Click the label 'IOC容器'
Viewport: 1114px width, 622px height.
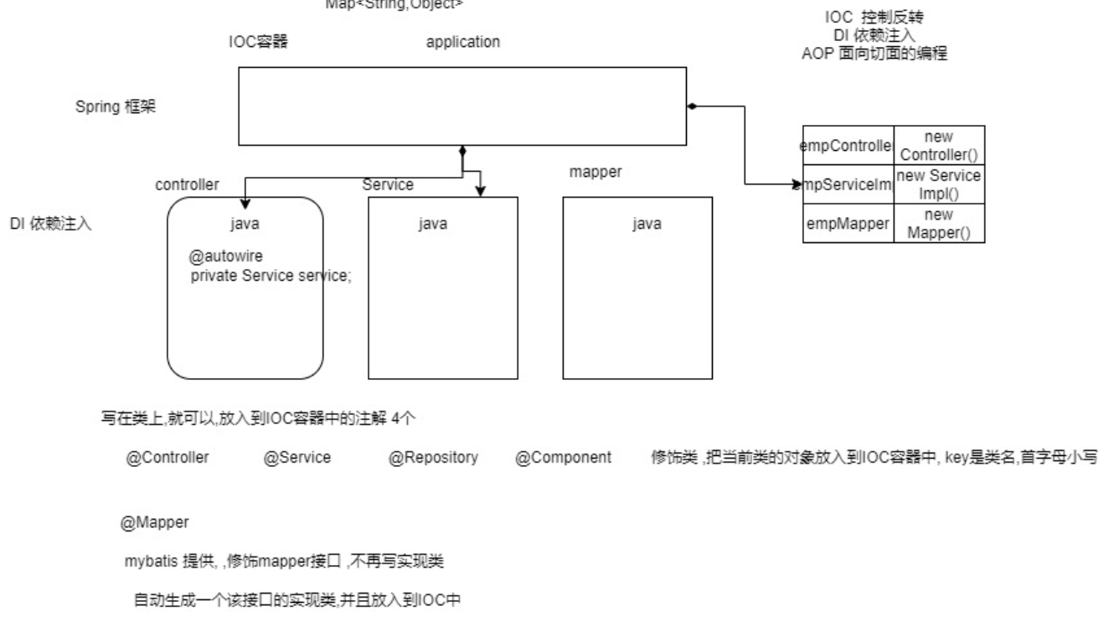[258, 42]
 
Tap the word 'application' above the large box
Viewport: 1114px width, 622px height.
[463, 42]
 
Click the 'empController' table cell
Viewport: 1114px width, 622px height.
[848, 145]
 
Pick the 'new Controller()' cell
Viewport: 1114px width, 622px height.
[939, 145]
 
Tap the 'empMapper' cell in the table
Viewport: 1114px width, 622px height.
[848, 224]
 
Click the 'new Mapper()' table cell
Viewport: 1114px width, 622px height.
[939, 224]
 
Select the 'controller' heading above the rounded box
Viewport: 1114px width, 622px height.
[188, 184]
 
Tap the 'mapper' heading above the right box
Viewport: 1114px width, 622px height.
[596, 172]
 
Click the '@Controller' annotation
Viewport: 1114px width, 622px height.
[168, 459]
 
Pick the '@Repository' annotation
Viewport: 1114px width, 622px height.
[433, 459]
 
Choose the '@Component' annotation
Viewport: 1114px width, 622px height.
[564, 459]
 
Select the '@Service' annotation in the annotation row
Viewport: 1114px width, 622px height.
[297, 459]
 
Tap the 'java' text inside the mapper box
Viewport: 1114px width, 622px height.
[646, 224]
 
